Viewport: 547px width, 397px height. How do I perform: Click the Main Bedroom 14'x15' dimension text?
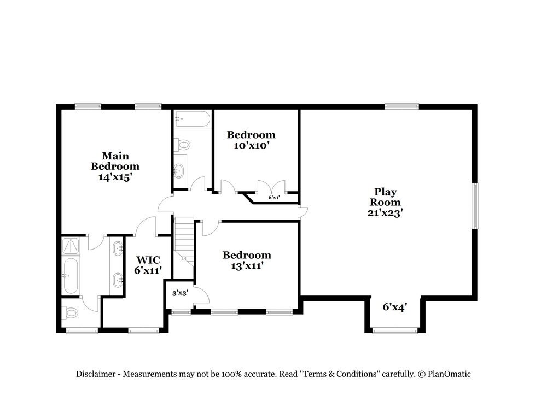115,177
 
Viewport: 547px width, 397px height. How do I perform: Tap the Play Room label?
385,197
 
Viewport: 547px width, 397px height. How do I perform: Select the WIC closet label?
148,260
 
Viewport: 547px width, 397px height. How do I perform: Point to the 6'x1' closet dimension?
274,198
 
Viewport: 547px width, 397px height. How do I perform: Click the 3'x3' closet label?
180,293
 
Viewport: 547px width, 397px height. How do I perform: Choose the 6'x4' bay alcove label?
395,307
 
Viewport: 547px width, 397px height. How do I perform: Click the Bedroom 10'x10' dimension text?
251,146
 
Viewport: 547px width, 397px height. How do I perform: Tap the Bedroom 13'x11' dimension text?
247,266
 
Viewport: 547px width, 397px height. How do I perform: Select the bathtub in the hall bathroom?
193,119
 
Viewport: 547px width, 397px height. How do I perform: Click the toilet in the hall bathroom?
182,144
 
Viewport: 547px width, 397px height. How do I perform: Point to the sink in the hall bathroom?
179,171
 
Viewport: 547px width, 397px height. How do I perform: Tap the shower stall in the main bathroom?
71,246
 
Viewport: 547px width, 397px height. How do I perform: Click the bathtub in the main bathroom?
71,275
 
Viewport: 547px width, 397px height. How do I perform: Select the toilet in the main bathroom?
69,312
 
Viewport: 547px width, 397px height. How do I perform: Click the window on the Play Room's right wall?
475,206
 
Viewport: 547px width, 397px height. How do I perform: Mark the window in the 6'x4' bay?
395,330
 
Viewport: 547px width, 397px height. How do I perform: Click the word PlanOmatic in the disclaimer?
449,374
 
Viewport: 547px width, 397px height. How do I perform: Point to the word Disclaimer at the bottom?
96,374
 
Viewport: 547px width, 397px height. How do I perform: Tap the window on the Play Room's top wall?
402,106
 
